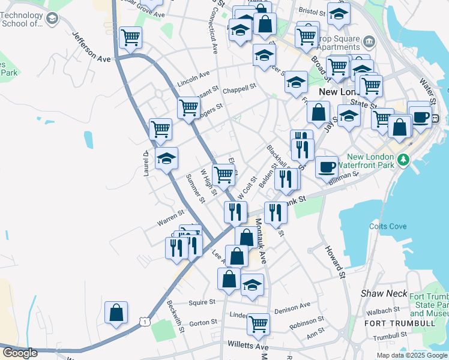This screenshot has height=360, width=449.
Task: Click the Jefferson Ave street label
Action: pyautogui.click(x=92, y=47)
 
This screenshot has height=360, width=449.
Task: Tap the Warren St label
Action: pyautogui.click(x=170, y=217)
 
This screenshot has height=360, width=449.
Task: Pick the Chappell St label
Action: pyautogui.click(x=240, y=87)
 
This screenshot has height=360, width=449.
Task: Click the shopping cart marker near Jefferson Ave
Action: pyautogui.click(x=130, y=38)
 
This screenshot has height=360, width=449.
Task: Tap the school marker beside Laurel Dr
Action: pyautogui.click(x=166, y=158)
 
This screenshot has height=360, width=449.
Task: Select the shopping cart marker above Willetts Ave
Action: pyautogui.click(x=258, y=323)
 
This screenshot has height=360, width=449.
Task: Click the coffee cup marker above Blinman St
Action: pyautogui.click(x=327, y=166)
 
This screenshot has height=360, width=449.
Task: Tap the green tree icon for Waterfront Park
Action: pyautogui.click(x=404, y=159)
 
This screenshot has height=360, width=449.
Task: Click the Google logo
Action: pyautogui.click(x=20, y=353)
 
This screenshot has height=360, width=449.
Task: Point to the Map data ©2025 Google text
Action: pyautogui.click(x=412, y=355)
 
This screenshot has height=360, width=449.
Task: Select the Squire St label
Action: pyautogui.click(x=202, y=302)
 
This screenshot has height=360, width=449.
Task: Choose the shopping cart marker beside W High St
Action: pyautogui.click(x=223, y=175)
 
